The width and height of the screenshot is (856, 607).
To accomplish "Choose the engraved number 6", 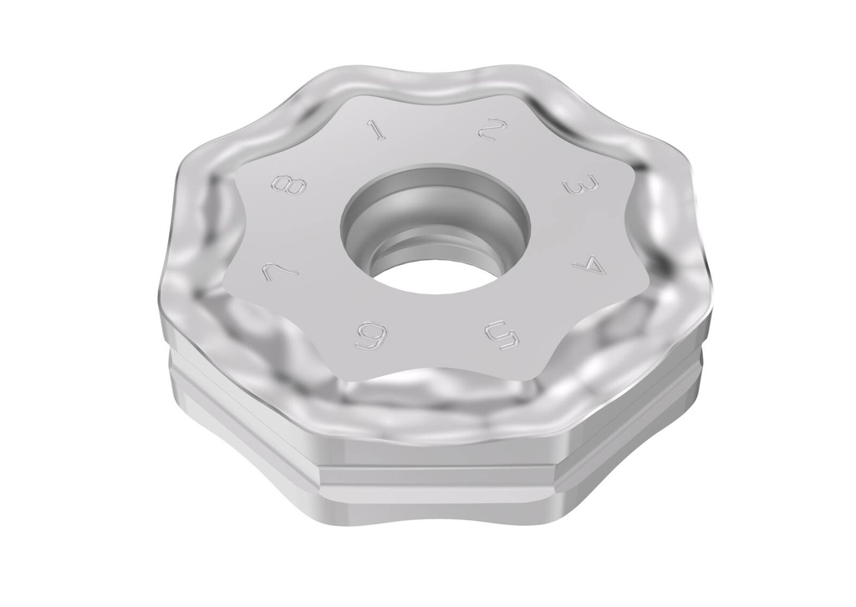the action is [x=370, y=336].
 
